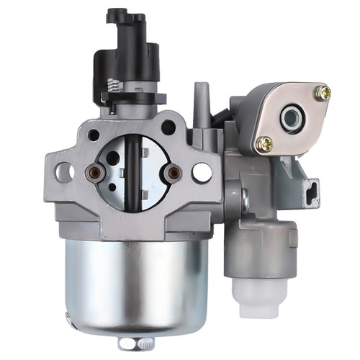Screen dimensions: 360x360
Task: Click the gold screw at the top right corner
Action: pos(323,92)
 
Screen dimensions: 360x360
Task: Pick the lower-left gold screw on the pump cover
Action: pos(264,143)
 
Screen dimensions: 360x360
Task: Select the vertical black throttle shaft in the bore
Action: pos(132,173)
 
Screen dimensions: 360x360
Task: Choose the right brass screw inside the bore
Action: pos(172,172)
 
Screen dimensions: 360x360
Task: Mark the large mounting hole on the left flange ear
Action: pos(64,171)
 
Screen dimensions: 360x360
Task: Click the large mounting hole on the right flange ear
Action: pos(202,172)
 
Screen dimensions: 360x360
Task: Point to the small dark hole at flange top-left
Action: pos(94,135)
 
